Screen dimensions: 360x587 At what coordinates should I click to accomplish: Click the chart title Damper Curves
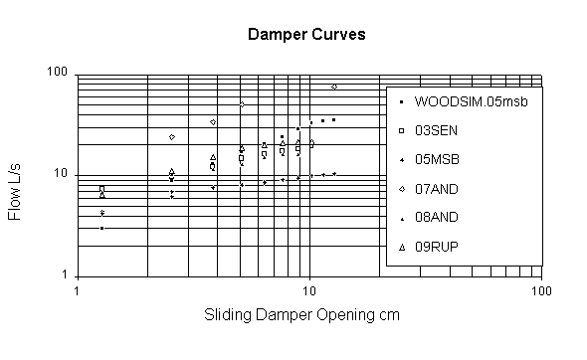click(306, 34)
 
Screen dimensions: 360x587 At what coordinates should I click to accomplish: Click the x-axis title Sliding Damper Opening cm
click(307, 315)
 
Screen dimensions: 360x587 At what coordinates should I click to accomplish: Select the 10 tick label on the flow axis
click(59, 174)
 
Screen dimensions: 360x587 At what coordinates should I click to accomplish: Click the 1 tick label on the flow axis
click(63, 275)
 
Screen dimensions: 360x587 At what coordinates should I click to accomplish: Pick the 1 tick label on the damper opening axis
click(78, 289)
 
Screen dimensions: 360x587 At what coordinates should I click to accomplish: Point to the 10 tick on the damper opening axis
click(309, 289)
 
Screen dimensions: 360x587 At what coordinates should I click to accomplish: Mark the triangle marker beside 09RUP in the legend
click(399, 246)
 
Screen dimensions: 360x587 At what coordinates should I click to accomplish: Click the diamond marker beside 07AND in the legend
click(399, 188)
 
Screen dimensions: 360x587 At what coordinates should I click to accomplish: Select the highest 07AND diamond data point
click(334, 87)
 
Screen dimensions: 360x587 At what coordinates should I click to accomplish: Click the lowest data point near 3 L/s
click(101, 228)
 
